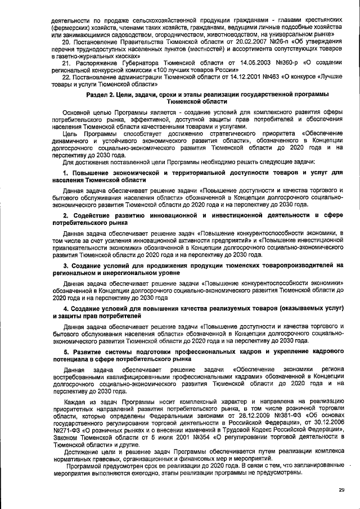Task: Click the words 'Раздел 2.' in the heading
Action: (101, 96)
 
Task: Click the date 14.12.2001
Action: (227, 78)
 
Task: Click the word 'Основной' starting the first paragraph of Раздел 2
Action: (77, 112)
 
